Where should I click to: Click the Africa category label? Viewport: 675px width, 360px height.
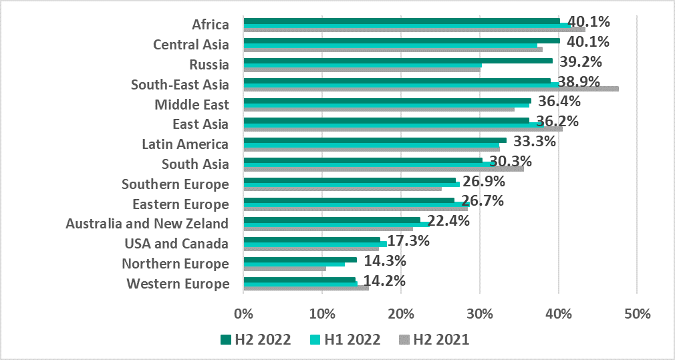click(x=211, y=25)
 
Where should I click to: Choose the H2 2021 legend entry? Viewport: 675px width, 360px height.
click(x=434, y=339)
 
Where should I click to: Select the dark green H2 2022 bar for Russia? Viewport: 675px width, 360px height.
click(x=398, y=60)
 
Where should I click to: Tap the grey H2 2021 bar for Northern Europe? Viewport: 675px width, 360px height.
click(x=285, y=269)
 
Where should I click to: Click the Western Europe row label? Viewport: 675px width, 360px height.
click(x=178, y=284)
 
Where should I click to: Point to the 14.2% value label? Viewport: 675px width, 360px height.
click(x=383, y=281)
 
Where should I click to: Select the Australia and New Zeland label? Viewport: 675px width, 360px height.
click(x=147, y=224)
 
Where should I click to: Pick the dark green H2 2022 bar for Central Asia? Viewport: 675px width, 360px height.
click(x=401, y=40)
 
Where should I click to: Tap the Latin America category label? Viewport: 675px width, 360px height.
click(x=185, y=144)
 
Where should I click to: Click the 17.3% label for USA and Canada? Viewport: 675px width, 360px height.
click(x=408, y=240)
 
